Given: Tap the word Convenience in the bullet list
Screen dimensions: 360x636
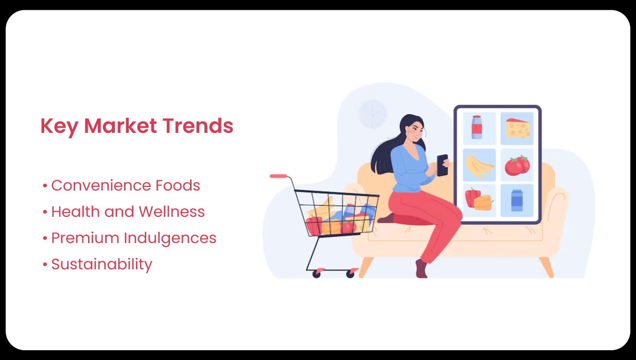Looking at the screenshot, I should pyautogui.click(x=101, y=185).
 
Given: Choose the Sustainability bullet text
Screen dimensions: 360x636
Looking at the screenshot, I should pyautogui.click(x=101, y=265).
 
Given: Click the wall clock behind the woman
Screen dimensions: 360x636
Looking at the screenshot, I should pyautogui.click(x=372, y=113).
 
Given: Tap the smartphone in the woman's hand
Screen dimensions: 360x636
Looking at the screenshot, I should pyautogui.click(x=442, y=165).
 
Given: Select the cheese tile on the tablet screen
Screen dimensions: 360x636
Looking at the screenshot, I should pyautogui.click(x=517, y=128).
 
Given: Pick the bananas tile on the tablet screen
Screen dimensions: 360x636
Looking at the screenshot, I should pyautogui.click(x=479, y=165).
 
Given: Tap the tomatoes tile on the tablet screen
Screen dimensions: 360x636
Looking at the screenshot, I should pyautogui.click(x=517, y=165).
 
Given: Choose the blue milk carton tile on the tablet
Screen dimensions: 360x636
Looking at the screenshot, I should pyautogui.click(x=517, y=200).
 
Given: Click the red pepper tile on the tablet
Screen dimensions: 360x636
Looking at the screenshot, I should pyautogui.click(x=479, y=200).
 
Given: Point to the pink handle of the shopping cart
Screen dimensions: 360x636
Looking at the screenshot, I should pyautogui.click(x=278, y=176).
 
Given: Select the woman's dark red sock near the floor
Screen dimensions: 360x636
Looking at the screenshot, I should pyautogui.click(x=422, y=269).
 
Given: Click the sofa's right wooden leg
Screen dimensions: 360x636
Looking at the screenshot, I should pyautogui.click(x=547, y=266).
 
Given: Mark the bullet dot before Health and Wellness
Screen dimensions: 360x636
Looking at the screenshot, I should pyautogui.click(x=45, y=212).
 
